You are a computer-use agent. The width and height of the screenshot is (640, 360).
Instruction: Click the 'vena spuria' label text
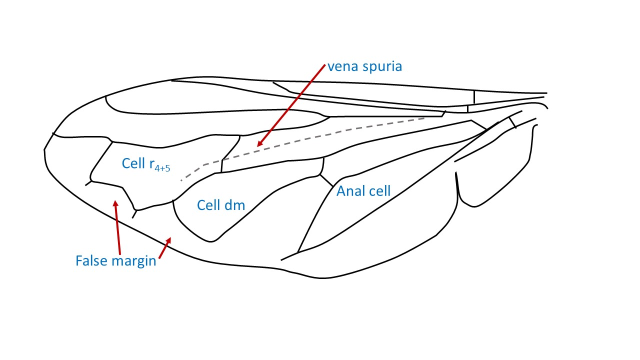coord(364,66)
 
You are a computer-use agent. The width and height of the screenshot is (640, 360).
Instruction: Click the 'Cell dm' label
coord(220,205)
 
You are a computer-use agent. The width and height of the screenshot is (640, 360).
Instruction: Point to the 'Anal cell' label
coord(363,191)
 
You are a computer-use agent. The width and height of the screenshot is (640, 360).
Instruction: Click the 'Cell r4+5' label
coord(145,164)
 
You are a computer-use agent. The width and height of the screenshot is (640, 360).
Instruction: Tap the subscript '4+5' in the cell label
coord(161,168)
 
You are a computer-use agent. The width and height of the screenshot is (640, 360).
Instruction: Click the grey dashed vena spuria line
coord(320,135)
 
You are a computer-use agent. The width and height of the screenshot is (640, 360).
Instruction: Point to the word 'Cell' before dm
coord(207,205)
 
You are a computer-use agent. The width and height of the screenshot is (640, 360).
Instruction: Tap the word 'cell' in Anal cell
coord(378,191)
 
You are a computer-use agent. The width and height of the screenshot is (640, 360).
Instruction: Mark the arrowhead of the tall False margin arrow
coord(115,203)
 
